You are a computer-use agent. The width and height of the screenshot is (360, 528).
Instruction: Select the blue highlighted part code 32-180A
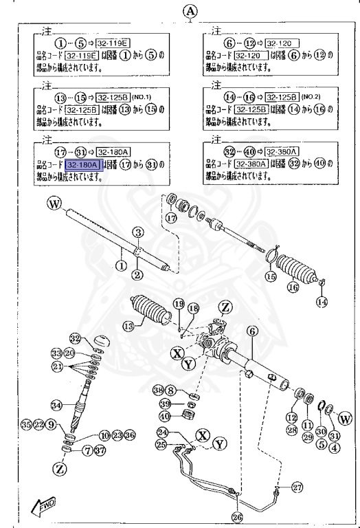83,165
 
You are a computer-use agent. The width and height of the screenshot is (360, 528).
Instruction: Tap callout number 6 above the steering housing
252,331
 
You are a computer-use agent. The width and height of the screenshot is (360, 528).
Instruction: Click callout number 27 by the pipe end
296,487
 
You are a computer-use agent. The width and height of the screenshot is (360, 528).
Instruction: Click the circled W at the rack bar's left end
54,204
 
